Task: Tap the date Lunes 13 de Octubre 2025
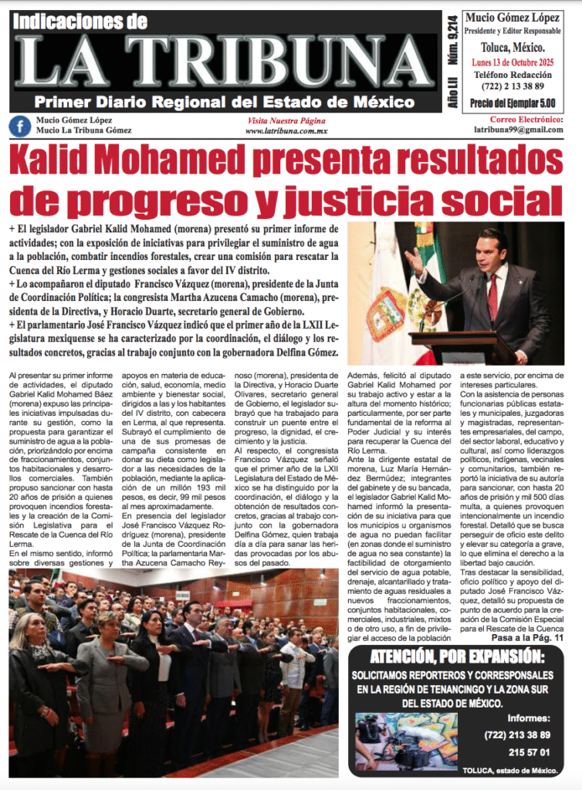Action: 513,60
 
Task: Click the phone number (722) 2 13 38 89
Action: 513,86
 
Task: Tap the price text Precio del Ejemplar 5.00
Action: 513,103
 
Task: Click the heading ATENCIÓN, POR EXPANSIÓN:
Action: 457,657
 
